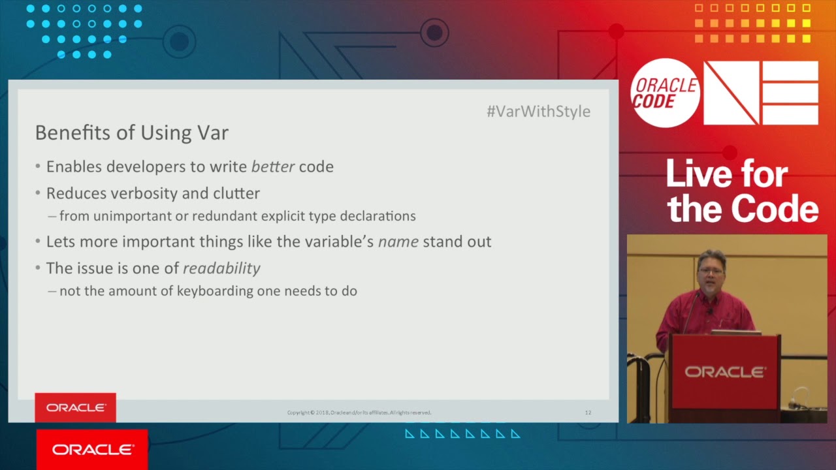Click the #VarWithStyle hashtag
(x=538, y=112)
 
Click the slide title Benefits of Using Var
(x=131, y=133)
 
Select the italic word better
(x=272, y=166)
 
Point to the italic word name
(x=398, y=242)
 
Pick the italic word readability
(x=221, y=268)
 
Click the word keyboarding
(x=215, y=291)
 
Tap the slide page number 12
(x=588, y=413)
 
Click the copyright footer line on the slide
(x=359, y=413)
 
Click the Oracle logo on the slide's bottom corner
(x=76, y=407)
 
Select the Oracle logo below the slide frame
(x=92, y=449)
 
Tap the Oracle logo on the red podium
(x=724, y=372)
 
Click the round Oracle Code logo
(x=665, y=93)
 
